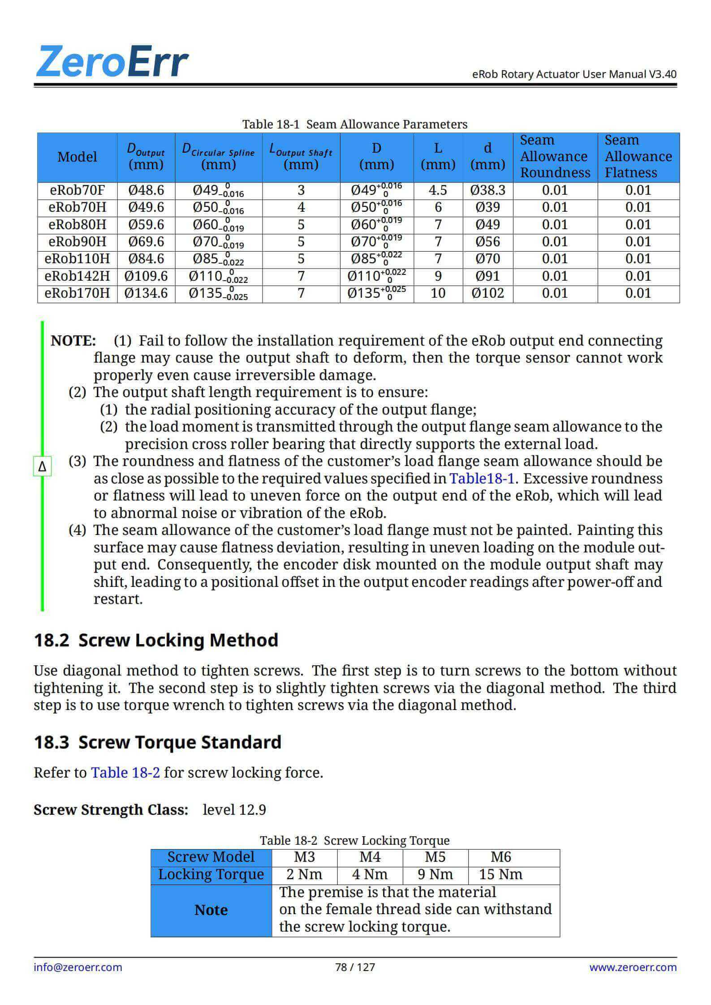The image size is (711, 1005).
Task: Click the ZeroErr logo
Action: coord(112,62)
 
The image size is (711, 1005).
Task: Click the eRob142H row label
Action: coord(77,276)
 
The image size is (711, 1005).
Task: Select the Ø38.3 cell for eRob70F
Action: coord(487,191)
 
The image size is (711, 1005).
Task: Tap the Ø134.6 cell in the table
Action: coord(146,294)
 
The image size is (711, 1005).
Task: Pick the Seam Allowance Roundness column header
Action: coord(555,157)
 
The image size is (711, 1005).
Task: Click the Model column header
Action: coord(77,157)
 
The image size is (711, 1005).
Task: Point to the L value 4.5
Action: coord(438,191)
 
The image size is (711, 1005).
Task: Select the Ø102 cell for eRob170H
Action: coord(487,294)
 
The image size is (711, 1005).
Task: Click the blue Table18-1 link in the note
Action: coord(482,479)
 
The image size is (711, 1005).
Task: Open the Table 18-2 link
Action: coord(125,773)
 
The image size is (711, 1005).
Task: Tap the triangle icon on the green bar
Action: coord(43,466)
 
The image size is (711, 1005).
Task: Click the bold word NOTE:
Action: coord(73,341)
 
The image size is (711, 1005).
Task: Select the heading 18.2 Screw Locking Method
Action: coord(156,640)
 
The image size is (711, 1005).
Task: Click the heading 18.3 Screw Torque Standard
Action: coord(158,742)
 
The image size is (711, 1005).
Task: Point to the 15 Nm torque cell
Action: coord(500,874)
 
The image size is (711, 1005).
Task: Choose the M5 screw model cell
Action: coord(435,857)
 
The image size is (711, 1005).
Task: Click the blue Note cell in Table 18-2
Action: coord(211,910)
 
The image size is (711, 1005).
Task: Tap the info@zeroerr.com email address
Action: coord(78,967)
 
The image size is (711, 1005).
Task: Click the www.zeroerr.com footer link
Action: coord(633,967)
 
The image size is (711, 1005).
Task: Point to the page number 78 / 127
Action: coord(355,967)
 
